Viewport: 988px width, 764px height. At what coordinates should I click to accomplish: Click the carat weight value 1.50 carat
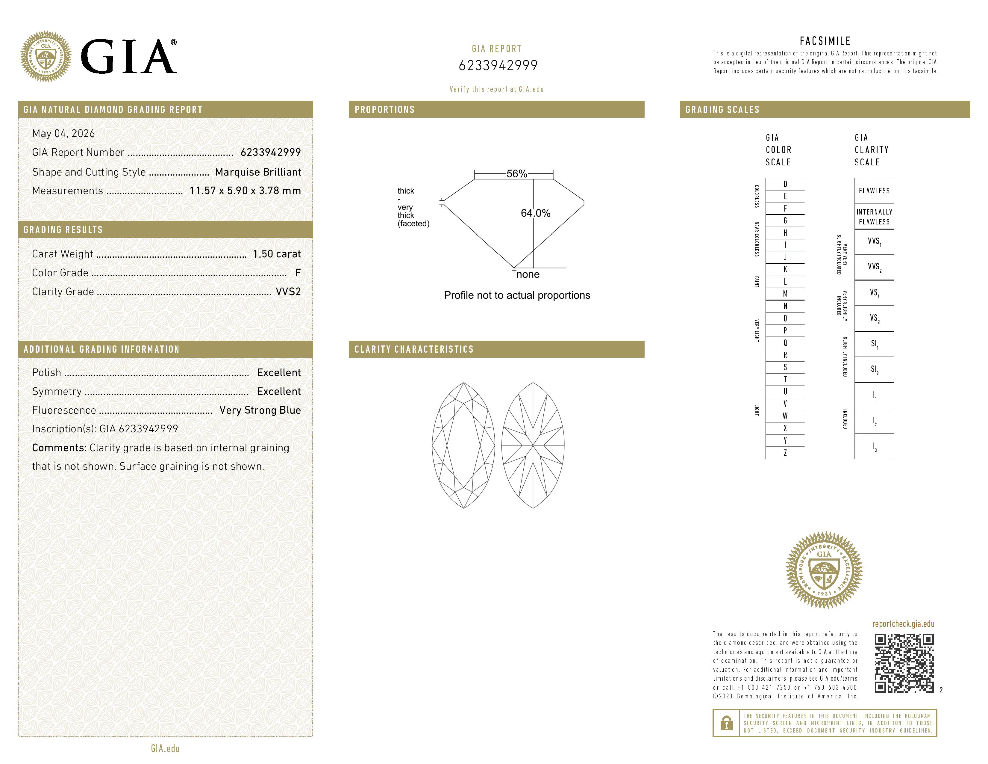(276, 254)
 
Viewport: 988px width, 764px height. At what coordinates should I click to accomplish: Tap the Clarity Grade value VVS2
(288, 292)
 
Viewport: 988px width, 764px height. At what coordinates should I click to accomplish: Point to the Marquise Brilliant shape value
(258, 172)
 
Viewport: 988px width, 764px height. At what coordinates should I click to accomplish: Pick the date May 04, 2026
(63, 134)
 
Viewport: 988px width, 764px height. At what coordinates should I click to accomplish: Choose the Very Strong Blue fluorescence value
(260, 410)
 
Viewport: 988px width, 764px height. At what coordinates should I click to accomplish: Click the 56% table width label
(517, 174)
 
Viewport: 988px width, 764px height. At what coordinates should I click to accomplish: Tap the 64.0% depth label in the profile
(536, 213)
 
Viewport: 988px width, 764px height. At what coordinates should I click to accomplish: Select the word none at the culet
(528, 274)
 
